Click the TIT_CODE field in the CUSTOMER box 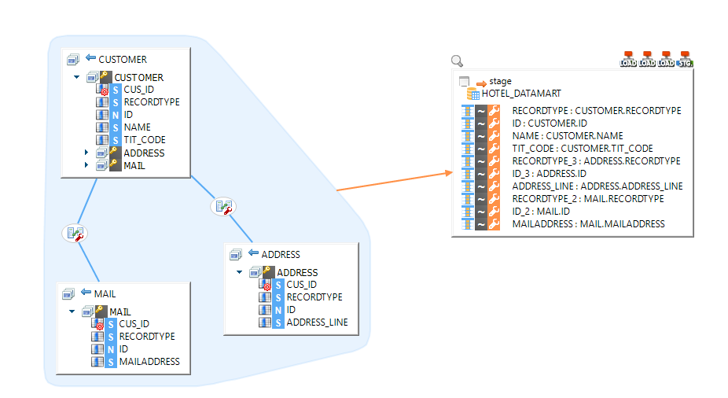[144, 139]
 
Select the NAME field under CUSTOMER [137, 127]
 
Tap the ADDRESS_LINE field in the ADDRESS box [316, 322]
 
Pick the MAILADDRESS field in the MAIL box [149, 361]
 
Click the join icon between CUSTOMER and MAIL [75, 233]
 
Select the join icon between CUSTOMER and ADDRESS [223, 207]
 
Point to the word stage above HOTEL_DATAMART [500, 81]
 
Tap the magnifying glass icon [457, 61]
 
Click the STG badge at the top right [685, 59]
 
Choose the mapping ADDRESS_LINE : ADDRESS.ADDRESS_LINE [597, 186]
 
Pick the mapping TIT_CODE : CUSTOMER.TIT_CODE [583, 149]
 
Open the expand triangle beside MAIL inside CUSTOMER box [86, 165]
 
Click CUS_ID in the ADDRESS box [301, 285]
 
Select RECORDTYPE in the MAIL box [147, 336]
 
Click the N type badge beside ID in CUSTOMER [116, 115]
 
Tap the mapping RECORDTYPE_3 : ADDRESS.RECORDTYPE [596, 161]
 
